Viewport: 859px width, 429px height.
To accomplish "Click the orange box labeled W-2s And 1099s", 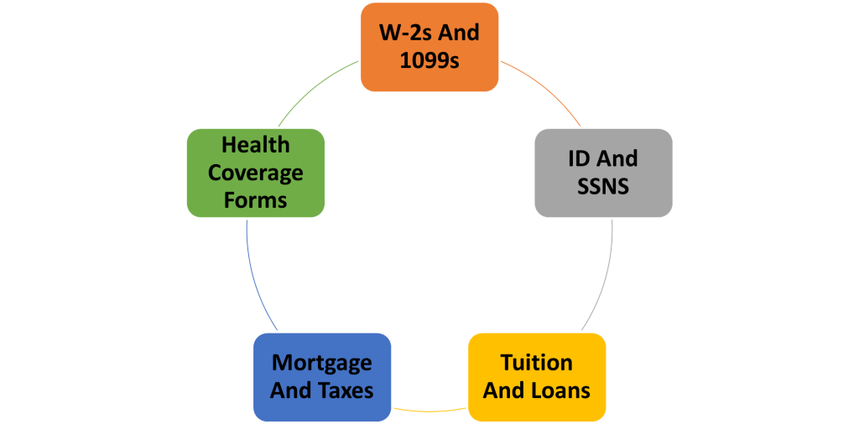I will [429, 47].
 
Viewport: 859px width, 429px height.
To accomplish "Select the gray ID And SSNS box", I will [603, 173].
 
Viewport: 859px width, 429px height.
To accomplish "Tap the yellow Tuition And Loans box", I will [537, 377].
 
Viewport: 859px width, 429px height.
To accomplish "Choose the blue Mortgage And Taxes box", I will [322, 377].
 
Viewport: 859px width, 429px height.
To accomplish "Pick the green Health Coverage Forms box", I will [255, 173].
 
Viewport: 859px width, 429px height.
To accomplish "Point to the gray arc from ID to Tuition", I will [606, 277].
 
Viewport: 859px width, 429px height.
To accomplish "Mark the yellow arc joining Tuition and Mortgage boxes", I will [429, 410].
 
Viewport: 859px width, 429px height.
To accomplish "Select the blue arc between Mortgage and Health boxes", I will [252, 277].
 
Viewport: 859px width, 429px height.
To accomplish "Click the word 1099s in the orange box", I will [429, 61].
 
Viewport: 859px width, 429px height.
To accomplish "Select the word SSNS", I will [603, 186].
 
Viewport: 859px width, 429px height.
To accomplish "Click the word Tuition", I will [537, 363].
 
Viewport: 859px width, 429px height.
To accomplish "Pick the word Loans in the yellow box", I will [560, 390].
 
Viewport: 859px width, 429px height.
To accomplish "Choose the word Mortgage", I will [322, 363].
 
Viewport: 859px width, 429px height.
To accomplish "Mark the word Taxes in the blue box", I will [346, 390].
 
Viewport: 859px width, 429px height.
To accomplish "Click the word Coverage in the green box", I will [255, 173].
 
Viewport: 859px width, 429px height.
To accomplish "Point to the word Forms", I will [255, 200].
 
